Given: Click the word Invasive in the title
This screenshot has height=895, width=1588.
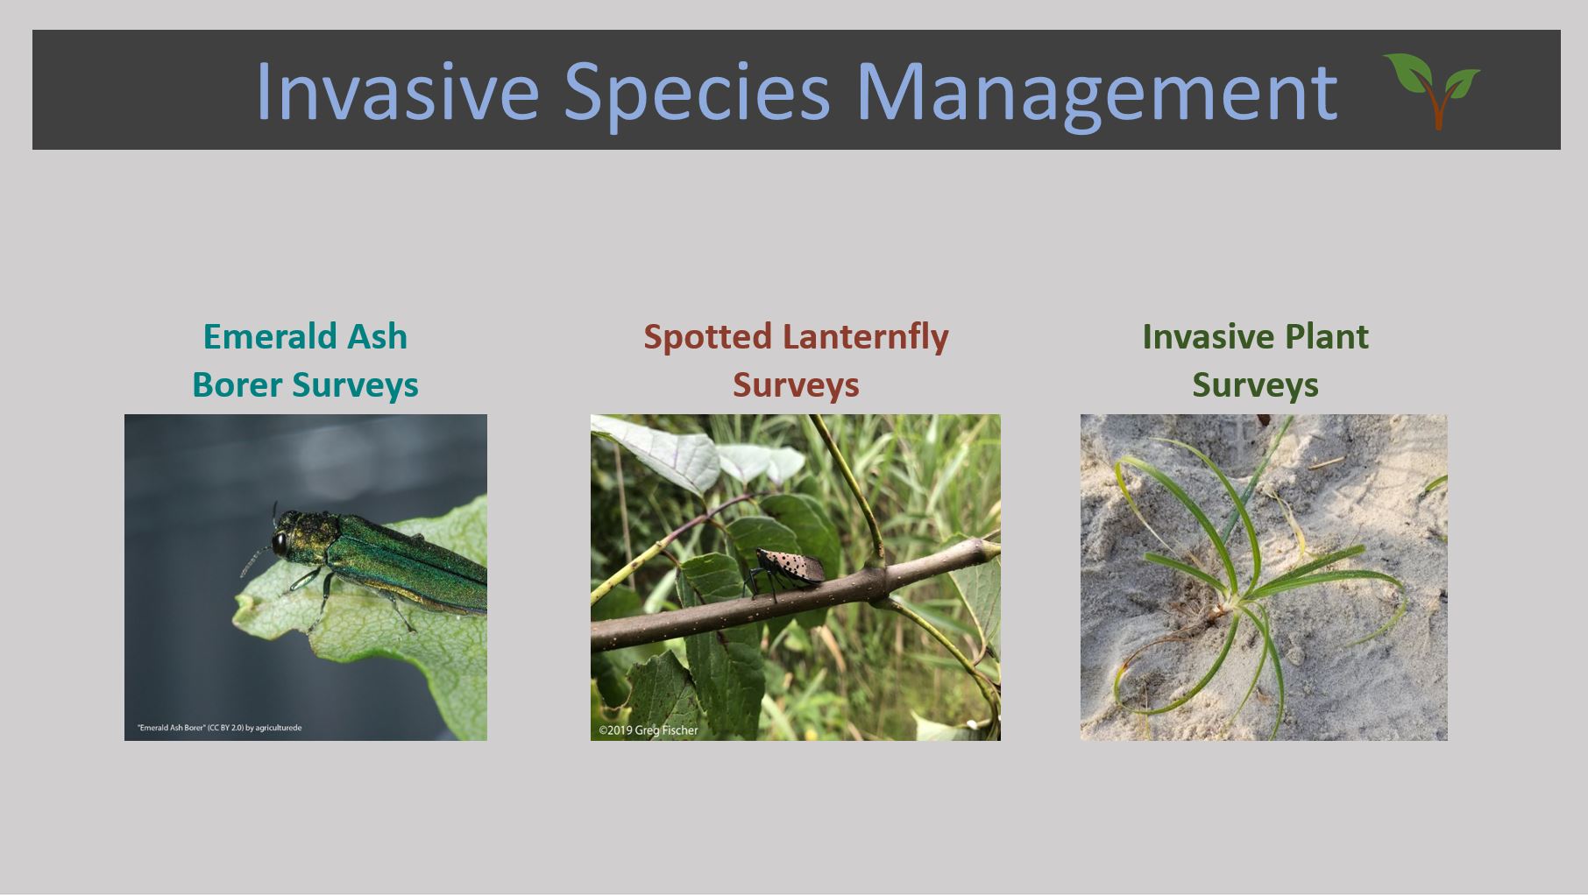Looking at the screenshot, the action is coord(397,91).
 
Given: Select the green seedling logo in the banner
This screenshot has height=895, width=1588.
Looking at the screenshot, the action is coord(1431,90).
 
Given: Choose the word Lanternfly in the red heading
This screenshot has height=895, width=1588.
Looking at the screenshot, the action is coord(865,337).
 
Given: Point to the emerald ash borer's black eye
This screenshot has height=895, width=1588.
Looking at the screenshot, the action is coord(280,544).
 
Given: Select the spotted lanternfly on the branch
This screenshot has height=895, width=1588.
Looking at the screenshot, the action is coord(784,571).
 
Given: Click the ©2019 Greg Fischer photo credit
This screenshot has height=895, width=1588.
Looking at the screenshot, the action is coord(649,730).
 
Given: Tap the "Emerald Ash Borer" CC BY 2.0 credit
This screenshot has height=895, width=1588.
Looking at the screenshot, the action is coord(219,728).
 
